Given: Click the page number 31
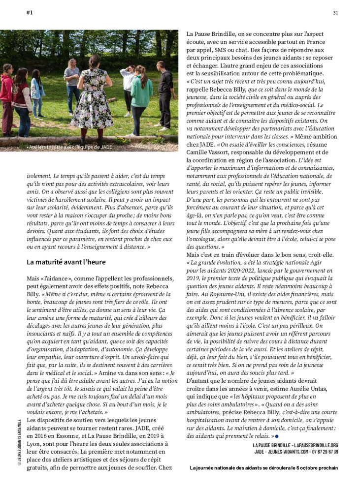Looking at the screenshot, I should pyautogui.click(x=335, y=13).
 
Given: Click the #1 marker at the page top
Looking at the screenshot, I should pyautogui.click(x=30, y=13).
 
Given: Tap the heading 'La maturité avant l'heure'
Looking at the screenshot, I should pyautogui.click(x=66, y=262).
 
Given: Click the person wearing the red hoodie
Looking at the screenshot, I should pyautogui.click(x=6, y=98).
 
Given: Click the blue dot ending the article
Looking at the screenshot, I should pyautogui.click(x=277, y=436).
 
